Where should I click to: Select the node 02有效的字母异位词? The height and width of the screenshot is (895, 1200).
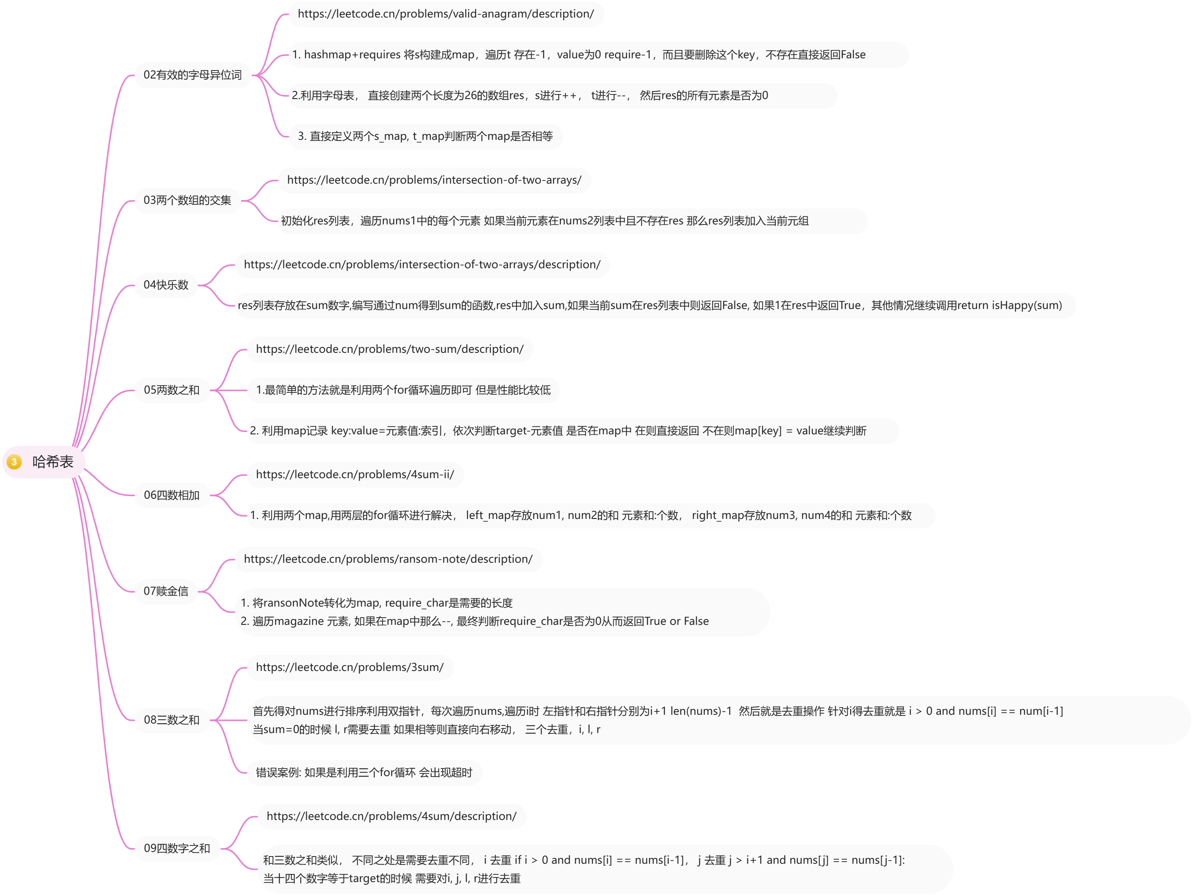[x=192, y=75]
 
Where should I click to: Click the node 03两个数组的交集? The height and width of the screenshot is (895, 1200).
[x=187, y=200]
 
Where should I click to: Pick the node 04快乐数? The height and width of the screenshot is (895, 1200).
[x=166, y=285]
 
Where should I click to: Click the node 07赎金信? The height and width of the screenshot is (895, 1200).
[x=166, y=591]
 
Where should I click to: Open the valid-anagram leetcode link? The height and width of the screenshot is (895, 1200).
[x=445, y=14]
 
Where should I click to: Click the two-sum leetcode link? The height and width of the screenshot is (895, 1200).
[x=390, y=349]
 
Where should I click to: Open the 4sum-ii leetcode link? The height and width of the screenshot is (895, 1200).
[x=355, y=475]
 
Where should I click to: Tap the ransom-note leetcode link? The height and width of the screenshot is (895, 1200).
[x=388, y=559]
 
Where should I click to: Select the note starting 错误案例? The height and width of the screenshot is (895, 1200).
[x=363, y=773]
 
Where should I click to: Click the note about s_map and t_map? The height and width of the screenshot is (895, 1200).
[x=425, y=136]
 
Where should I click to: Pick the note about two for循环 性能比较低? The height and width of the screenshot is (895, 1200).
[x=403, y=390]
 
